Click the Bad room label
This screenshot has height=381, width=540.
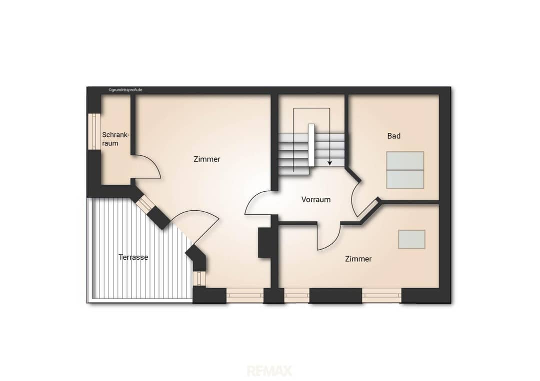point(393,136)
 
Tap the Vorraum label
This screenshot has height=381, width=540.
point(316,199)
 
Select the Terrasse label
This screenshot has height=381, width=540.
point(133,257)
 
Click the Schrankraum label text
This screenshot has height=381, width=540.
point(115,139)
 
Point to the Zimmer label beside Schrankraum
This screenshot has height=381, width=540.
point(206,159)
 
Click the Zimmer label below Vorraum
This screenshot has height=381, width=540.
point(358,259)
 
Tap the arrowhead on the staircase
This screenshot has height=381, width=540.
point(329,163)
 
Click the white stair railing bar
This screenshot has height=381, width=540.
point(311,145)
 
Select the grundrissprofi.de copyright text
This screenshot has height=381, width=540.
point(125,90)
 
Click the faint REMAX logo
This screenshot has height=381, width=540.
point(269,371)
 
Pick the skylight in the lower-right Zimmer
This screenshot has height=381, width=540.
point(411,239)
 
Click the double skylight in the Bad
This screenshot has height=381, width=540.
point(405,170)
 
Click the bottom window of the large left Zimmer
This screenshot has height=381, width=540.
point(245,296)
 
